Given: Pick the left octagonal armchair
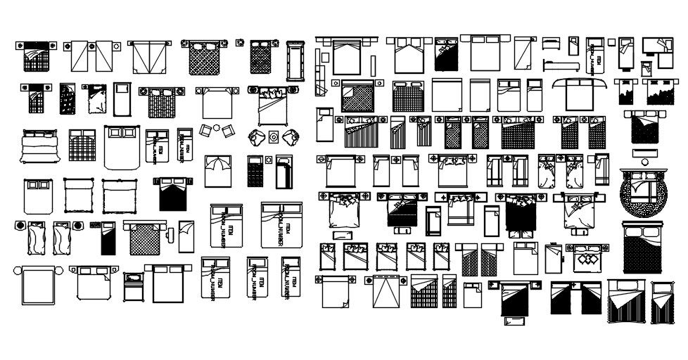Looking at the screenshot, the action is pyautogui.click(x=257, y=136).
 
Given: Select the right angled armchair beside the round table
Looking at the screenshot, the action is pyautogui.click(x=229, y=130).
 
